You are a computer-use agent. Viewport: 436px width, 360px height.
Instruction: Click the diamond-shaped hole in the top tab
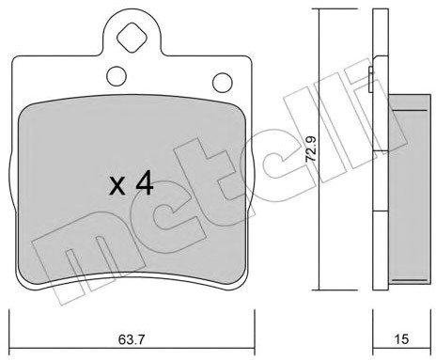click(x=132, y=38)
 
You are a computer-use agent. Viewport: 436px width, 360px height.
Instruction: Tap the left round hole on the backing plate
click(x=117, y=75)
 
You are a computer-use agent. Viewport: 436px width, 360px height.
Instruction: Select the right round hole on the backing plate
click(x=223, y=83)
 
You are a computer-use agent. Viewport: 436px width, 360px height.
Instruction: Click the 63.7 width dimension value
click(x=132, y=339)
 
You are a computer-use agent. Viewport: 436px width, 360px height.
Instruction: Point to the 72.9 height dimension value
click(x=311, y=149)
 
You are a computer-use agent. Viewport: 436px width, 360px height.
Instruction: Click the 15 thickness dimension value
click(x=401, y=339)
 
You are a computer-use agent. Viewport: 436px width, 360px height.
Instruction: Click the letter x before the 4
click(x=117, y=186)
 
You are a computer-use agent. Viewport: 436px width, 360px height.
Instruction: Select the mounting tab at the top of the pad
click(x=132, y=33)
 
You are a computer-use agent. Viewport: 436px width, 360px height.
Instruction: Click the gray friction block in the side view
click(x=409, y=189)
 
